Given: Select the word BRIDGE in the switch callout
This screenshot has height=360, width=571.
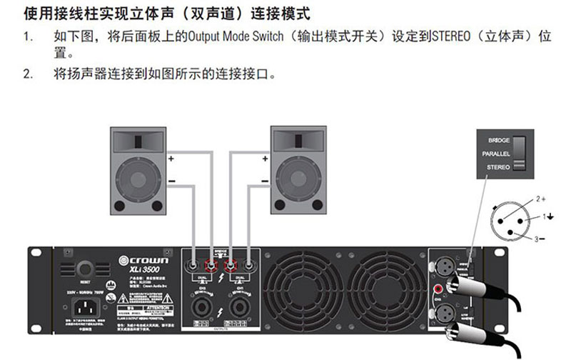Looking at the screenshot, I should pos(498,141).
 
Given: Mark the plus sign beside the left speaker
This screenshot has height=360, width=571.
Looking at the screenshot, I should pos(171,156).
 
